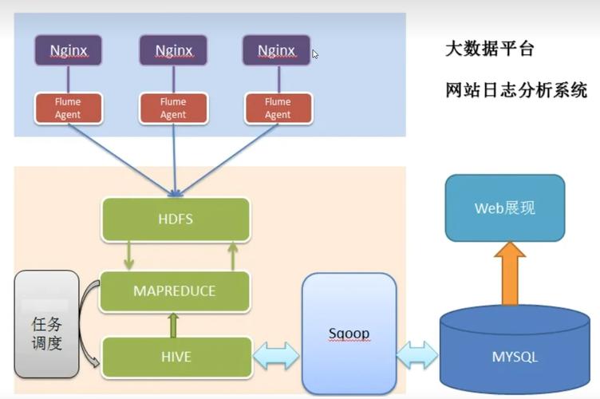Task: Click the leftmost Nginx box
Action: click(68, 50)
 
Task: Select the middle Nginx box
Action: click(173, 50)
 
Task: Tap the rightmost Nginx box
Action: click(276, 50)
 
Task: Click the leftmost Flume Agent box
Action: click(68, 109)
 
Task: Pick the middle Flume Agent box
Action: click(173, 109)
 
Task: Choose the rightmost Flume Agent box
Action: click(277, 109)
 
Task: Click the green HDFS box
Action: click(176, 219)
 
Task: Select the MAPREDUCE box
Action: click(175, 290)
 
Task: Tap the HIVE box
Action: click(176, 357)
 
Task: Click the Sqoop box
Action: click(349, 331)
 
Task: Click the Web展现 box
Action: click(504, 208)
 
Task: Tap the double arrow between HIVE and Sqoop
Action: click(275, 355)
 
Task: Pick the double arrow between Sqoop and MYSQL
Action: click(417, 354)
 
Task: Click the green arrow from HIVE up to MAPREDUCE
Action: click(172, 325)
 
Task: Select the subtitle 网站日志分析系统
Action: click(515, 90)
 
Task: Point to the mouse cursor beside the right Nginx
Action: click(315, 54)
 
